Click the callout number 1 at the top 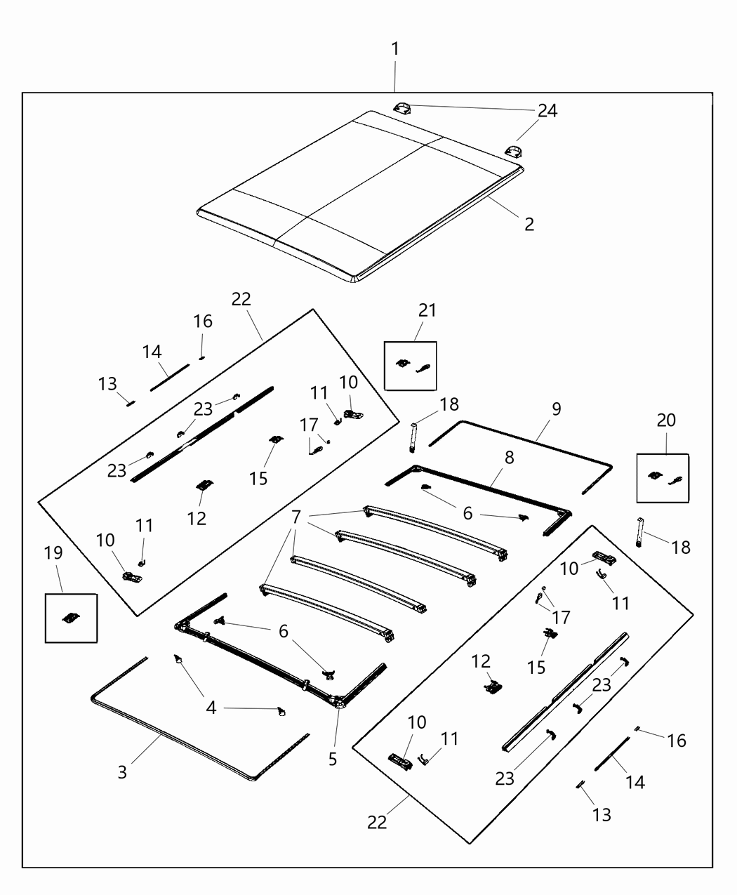[395, 49]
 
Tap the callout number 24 [547, 111]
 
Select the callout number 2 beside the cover [529, 224]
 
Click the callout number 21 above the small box [427, 310]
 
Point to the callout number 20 [666, 420]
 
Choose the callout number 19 [54, 554]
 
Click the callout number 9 [556, 409]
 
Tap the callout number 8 [509, 458]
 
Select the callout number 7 [296, 517]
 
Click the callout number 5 [333, 759]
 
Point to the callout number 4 [211, 708]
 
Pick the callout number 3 [123, 772]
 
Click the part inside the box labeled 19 [70, 618]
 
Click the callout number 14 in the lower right [635, 782]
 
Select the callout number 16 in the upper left [203, 321]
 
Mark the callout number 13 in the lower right [602, 814]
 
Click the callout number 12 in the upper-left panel [197, 518]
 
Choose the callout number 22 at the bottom [377, 822]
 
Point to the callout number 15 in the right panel [537, 666]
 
